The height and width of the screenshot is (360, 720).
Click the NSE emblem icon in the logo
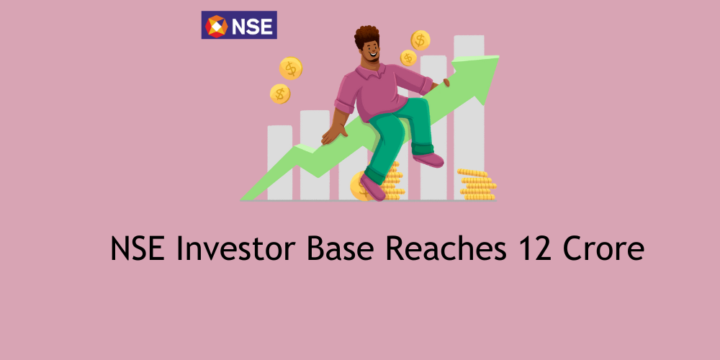[x=216, y=26]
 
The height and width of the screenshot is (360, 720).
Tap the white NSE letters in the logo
[x=251, y=27]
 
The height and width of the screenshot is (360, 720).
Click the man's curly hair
[x=366, y=36]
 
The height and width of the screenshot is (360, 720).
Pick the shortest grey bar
[x=279, y=162]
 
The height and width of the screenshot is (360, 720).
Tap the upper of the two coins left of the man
[x=291, y=68]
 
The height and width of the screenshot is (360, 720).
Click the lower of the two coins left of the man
[x=280, y=94]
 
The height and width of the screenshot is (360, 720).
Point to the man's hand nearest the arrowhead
[x=446, y=82]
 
